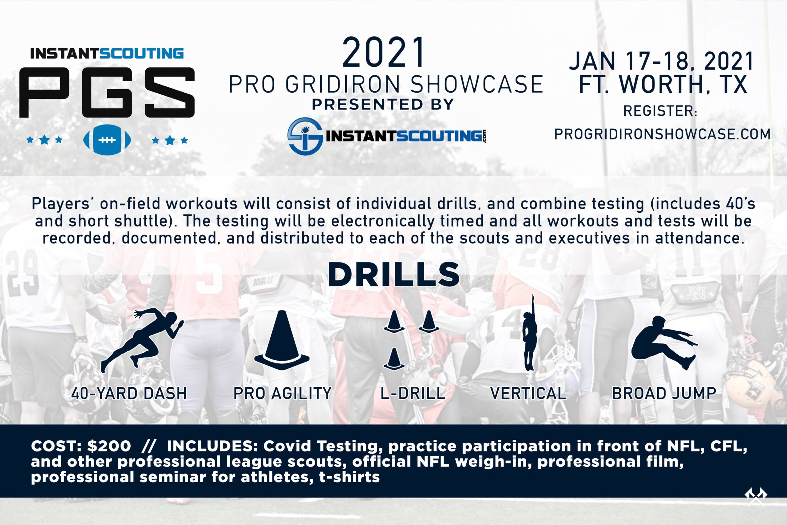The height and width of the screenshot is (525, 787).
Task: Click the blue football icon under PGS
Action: point(107,140)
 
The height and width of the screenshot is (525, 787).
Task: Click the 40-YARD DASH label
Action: point(129,393)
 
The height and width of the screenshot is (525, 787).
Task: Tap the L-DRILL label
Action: point(413,393)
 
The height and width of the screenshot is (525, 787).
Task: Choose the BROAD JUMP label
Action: point(664,393)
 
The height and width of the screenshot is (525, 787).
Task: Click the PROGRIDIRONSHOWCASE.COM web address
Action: point(662,134)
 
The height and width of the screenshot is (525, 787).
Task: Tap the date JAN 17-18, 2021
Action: point(662,61)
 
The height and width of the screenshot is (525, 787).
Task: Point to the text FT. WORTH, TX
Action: point(663,85)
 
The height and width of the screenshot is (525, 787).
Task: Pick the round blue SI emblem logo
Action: point(305,136)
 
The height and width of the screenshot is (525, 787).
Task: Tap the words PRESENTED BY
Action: point(383,104)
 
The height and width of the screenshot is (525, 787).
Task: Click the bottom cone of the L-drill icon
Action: point(394,359)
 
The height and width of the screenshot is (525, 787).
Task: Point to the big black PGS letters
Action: point(107,93)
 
